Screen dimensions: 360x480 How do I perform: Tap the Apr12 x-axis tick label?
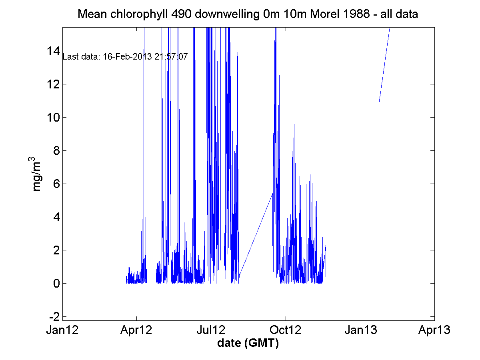[137, 330]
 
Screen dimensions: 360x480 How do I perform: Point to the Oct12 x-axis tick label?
[286, 330]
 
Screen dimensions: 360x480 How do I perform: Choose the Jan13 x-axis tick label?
[361, 330]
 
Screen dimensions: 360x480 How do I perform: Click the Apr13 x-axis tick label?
[435, 330]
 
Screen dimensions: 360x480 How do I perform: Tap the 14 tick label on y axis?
[52, 51]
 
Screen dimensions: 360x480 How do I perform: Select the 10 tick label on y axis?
[52, 117]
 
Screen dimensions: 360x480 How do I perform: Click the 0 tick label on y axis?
[56, 283]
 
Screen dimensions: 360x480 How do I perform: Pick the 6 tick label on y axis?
[56, 184]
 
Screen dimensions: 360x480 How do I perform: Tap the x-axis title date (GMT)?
[248, 343]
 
